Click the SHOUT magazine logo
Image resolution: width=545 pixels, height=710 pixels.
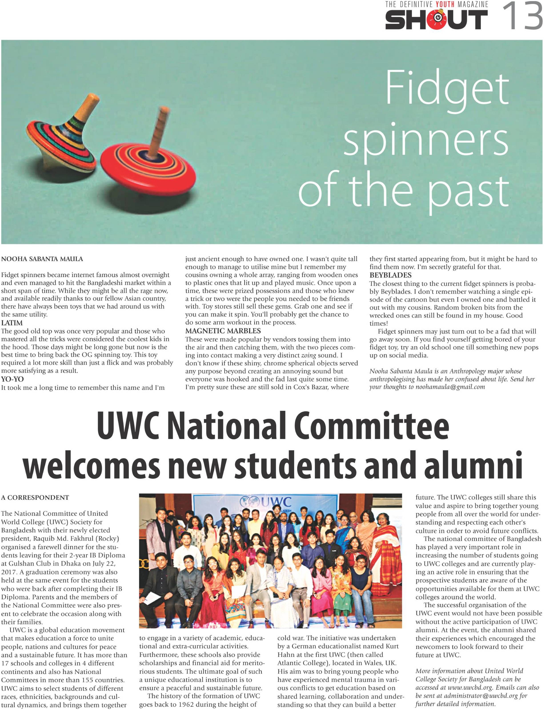coord(436,20)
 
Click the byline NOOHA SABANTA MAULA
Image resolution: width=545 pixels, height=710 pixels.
coord(42,259)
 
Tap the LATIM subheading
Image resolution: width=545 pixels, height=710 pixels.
coord(12,323)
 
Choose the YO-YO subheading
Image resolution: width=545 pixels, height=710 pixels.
coord(12,379)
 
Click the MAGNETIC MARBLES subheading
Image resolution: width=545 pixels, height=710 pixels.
coord(223,331)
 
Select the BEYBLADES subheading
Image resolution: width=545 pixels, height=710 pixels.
coord(391,275)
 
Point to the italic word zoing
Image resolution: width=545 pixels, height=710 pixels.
coord(308,355)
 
